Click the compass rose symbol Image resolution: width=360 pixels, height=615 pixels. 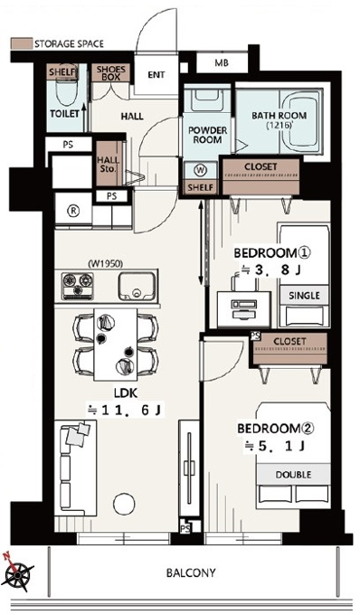(x=16, y=572)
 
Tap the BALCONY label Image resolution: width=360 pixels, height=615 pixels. (x=191, y=573)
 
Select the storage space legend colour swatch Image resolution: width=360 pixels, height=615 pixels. (x=21, y=43)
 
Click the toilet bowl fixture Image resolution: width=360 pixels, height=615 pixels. (x=65, y=93)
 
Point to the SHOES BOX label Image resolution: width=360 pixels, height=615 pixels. (x=111, y=73)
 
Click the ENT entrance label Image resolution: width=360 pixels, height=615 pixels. (x=156, y=74)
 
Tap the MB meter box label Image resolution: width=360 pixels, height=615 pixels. (x=222, y=62)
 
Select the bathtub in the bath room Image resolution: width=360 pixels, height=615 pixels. (x=303, y=122)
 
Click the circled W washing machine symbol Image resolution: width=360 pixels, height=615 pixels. (x=201, y=171)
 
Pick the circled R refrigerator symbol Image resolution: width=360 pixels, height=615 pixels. (x=73, y=211)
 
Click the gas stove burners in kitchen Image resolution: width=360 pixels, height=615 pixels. (x=77, y=286)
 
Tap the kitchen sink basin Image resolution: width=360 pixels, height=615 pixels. (x=137, y=286)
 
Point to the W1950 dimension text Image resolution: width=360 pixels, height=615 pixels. (x=106, y=264)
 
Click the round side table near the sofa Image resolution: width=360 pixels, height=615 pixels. (x=124, y=503)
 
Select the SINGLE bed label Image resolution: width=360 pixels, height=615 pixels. (x=304, y=296)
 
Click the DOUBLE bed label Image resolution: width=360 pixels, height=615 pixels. (x=293, y=475)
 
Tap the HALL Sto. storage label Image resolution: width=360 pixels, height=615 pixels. (x=108, y=165)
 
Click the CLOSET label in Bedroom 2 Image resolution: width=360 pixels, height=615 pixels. (x=289, y=341)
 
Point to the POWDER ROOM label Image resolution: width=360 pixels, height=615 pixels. (x=207, y=135)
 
